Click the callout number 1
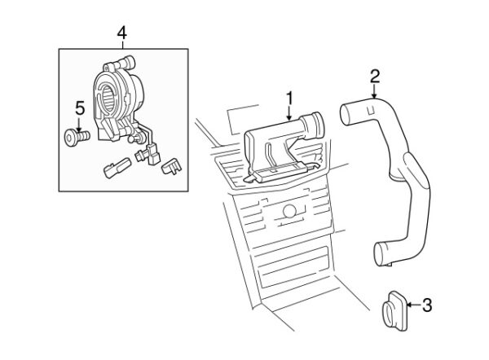point(289,98)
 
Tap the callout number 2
point(374,76)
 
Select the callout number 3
point(427,306)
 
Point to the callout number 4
point(121,33)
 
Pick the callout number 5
point(79,106)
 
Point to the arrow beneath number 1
point(289,113)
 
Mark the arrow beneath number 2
point(374,91)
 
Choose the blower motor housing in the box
point(114,102)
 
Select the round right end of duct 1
point(313,126)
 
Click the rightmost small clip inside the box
point(173,166)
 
